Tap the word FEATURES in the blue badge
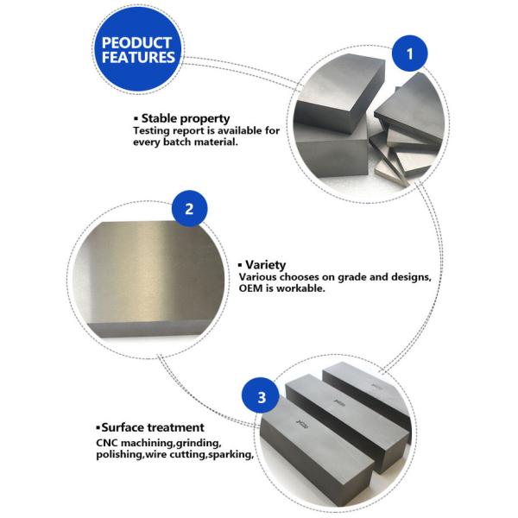[x=138, y=59]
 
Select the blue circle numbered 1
[x=410, y=55]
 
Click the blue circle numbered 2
[x=191, y=209]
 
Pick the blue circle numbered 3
[x=262, y=398]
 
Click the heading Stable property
[x=185, y=117]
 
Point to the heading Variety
[x=266, y=264]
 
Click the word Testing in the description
[x=152, y=130]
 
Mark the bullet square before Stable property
[x=136, y=118]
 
